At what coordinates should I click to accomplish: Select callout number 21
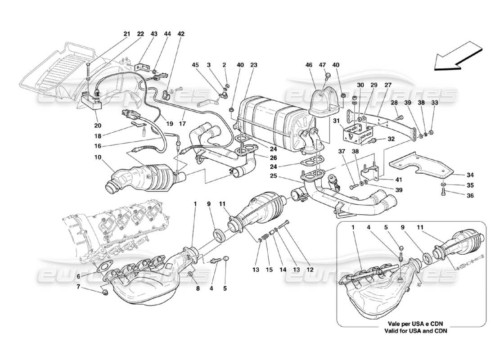[x=126, y=34]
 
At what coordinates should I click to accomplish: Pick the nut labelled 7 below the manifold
[x=105, y=293]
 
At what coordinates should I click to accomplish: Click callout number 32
[x=391, y=140]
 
